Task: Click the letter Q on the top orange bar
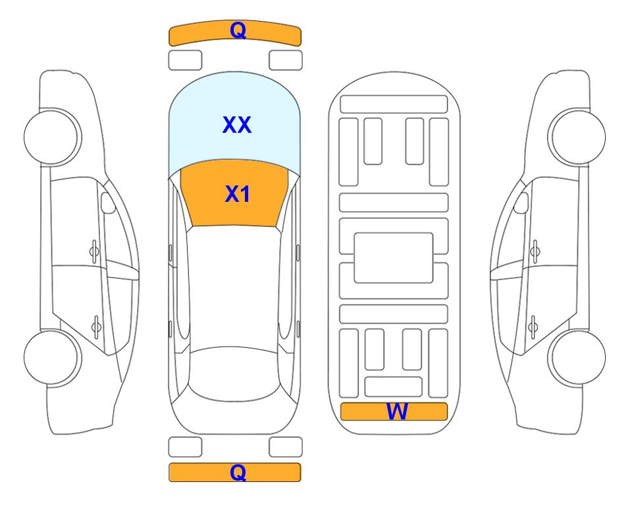point(238,30)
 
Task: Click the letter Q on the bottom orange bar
point(238,472)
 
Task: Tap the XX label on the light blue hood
point(237,125)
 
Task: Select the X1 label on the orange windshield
point(237,194)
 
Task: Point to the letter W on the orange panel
point(397,412)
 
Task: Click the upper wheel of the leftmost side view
point(53,137)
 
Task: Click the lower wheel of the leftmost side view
point(53,358)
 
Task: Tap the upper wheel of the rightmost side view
point(577,137)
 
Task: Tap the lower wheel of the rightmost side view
point(577,358)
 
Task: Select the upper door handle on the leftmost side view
point(94,251)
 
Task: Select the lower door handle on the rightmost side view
point(533,327)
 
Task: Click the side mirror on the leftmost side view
point(108,203)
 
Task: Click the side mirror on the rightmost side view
point(521,203)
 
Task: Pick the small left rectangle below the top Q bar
point(185,60)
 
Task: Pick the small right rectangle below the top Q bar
point(286,60)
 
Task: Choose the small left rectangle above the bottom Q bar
point(185,447)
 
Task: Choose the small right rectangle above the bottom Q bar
point(286,447)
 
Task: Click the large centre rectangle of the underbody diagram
point(394,258)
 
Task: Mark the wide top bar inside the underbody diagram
point(394,105)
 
